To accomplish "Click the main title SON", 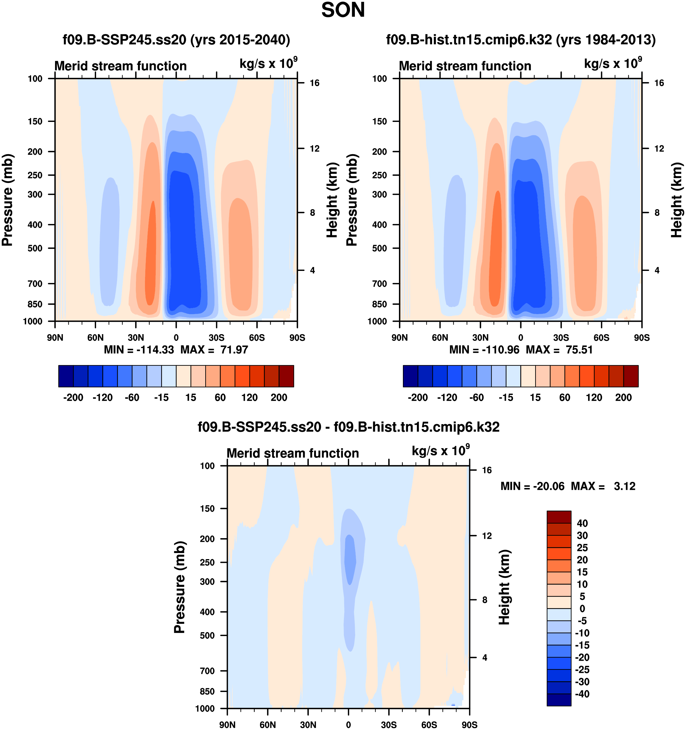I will [x=343, y=10].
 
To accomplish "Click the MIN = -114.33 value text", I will [x=139, y=350].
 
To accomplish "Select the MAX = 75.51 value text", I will [x=559, y=350].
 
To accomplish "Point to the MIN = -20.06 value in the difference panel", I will [x=532, y=486].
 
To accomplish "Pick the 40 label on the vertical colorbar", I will [x=582, y=523].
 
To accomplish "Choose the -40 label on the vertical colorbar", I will [x=582, y=694].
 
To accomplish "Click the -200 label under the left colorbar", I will [x=73, y=397].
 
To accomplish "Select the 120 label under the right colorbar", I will [x=594, y=397].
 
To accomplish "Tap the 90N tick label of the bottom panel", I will [x=227, y=725].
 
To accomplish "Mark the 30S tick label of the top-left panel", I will [x=216, y=337].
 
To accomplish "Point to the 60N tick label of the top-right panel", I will [x=440, y=337].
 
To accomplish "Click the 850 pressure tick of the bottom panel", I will [x=207, y=691].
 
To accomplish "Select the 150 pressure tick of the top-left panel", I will [x=35, y=122].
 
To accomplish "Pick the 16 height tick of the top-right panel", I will [x=659, y=83].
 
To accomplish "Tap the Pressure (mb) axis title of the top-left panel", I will [x=7, y=200].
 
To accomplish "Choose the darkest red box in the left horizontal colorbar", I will [x=286, y=376].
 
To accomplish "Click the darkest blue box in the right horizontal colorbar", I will [x=411, y=376].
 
